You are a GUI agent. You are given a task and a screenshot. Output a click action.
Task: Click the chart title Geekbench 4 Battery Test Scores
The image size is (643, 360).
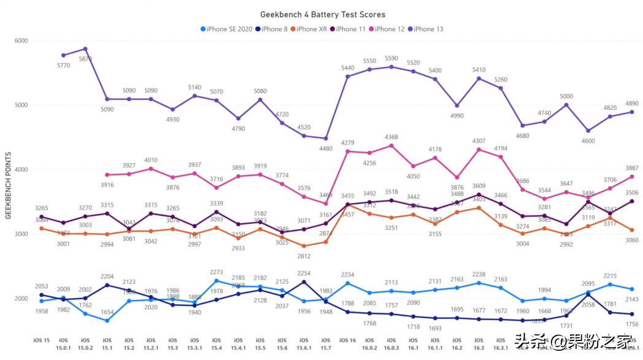coord(323,14)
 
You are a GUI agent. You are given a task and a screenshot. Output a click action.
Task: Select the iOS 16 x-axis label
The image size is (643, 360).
coord(347,340)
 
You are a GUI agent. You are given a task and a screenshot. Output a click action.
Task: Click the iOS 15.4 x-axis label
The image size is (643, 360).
coord(216,343)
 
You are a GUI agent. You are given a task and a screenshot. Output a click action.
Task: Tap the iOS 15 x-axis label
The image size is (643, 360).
coord(42,340)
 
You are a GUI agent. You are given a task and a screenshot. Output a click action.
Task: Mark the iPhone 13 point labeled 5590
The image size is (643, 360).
coord(391,67)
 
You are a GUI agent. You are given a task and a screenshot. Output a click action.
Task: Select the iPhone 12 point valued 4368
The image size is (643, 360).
coord(391,145)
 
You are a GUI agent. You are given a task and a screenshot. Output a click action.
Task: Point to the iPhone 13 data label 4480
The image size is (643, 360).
coord(326,148)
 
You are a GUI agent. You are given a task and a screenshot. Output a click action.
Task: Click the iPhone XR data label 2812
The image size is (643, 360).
coord(304,256)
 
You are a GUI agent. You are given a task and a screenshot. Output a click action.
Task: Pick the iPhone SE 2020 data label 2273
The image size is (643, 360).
coord(216,272)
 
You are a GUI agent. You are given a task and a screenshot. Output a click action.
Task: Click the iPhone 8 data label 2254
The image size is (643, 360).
coord(304,273)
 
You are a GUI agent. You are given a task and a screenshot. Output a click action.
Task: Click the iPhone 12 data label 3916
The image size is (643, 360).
coord(107,185)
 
